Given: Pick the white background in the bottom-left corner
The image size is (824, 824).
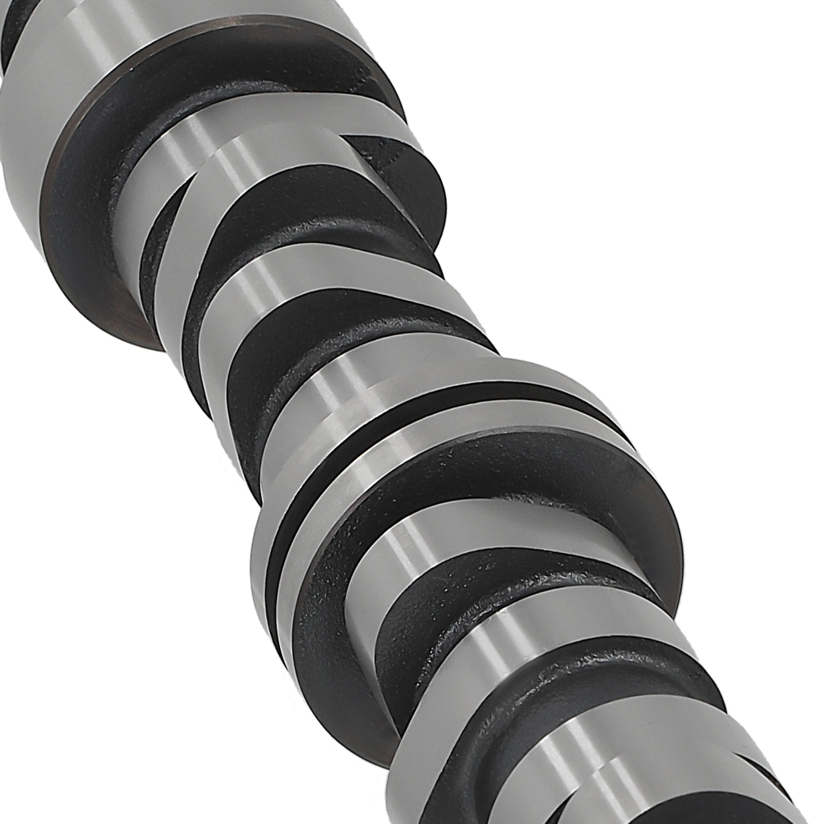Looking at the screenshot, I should coord(103,721).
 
